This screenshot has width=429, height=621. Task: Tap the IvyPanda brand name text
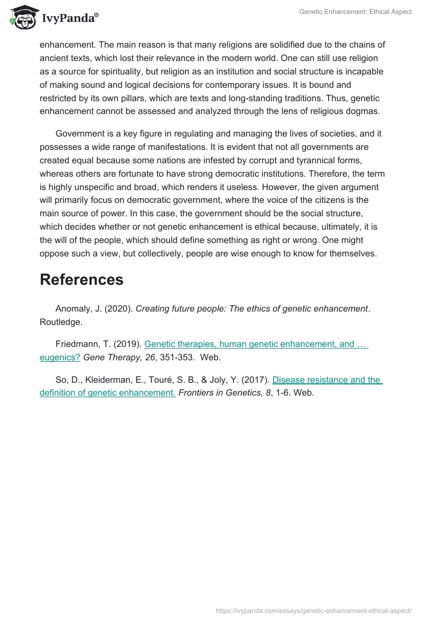[x=70, y=19]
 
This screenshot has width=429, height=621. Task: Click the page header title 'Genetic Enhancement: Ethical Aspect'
[x=355, y=12]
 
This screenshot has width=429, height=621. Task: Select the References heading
[x=82, y=279]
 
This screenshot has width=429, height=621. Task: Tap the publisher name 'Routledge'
[x=61, y=321]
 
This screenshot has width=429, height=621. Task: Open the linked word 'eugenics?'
[x=60, y=358]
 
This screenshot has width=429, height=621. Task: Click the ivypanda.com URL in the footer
[x=313, y=610]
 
